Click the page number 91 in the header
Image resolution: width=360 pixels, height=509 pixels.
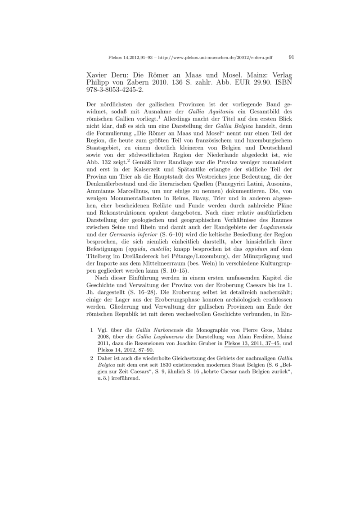click(291, 57)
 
